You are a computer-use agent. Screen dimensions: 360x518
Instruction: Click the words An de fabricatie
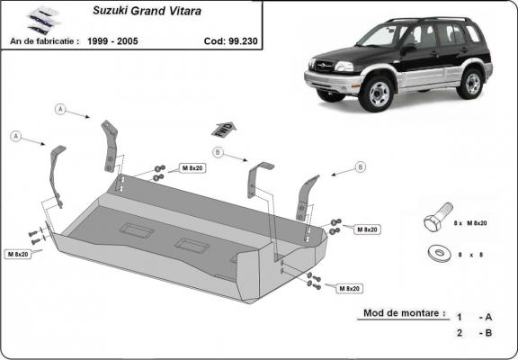[42, 40]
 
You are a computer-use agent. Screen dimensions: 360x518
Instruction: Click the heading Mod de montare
[403, 314]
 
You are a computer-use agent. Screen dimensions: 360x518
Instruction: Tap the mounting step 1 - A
[474, 317]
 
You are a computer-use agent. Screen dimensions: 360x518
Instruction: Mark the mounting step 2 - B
[474, 334]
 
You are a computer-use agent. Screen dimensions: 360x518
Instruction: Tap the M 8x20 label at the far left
[18, 255]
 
